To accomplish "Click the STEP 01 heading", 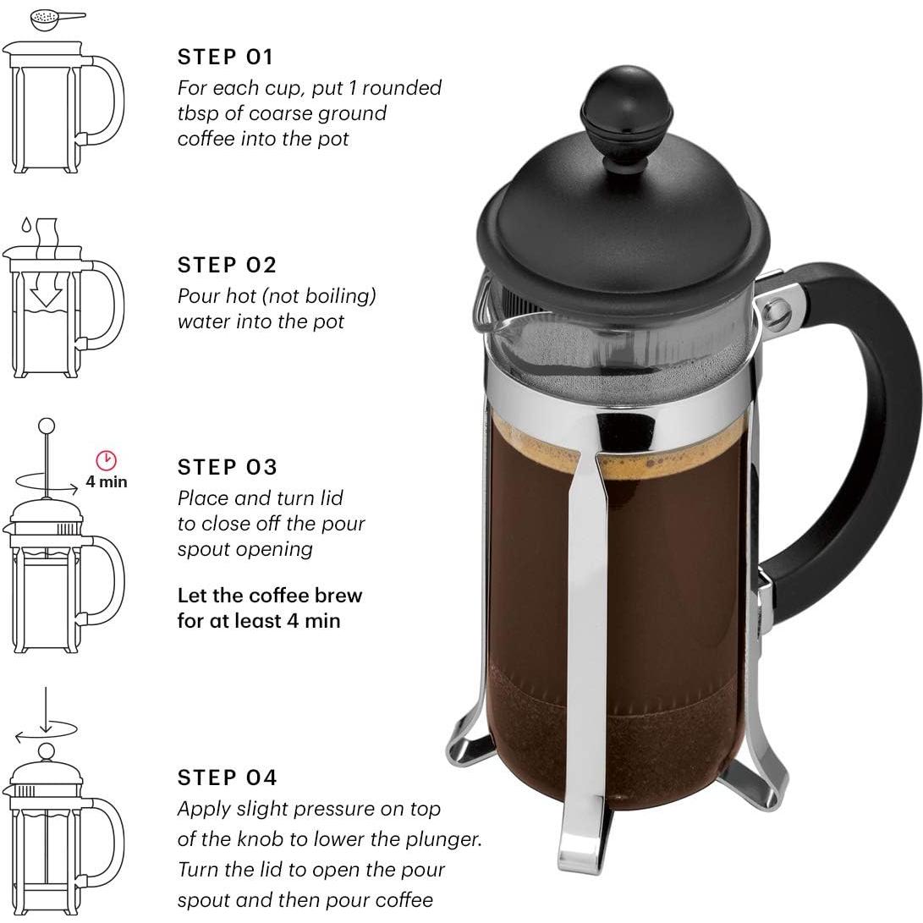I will [225, 58].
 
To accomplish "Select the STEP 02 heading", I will [227, 265].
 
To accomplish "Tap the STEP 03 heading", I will [227, 467].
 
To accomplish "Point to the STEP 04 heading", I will [227, 777].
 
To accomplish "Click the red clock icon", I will [106, 460].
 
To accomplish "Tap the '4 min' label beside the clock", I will [107, 482].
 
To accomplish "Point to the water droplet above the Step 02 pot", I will [26, 226].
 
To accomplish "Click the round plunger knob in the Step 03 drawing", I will [47, 426].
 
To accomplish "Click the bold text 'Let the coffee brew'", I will [269, 596].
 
